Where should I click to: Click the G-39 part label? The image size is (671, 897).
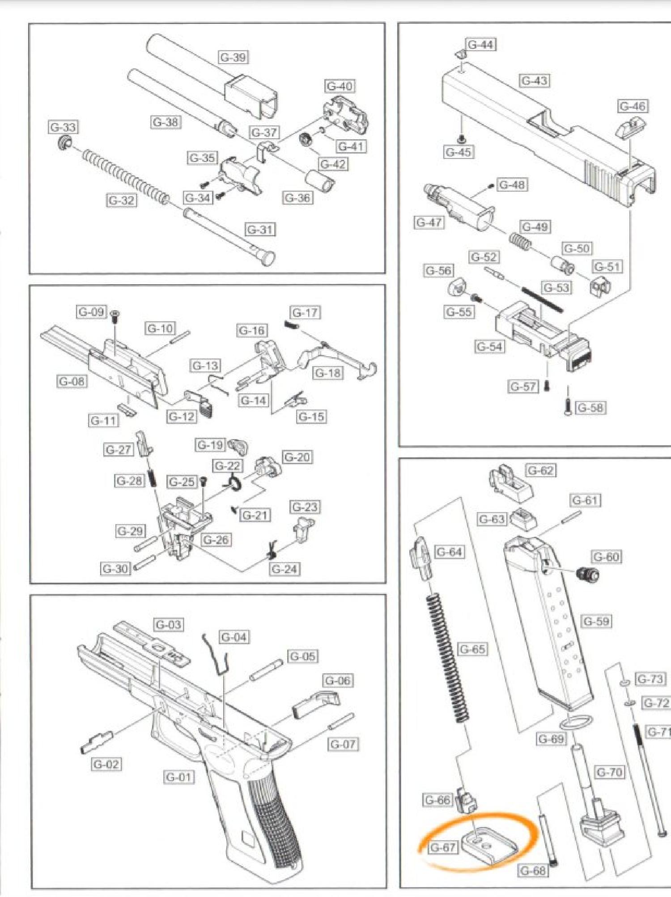tap(234, 57)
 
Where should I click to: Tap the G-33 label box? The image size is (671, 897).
tap(63, 127)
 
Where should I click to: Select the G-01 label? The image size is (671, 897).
tap(179, 777)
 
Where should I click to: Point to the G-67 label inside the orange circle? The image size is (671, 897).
tap(442, 847)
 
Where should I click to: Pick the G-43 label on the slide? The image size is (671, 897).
tap(535, 81)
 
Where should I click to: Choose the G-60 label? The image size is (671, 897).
tap(607, 557)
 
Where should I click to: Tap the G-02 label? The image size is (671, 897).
tap(106, 764)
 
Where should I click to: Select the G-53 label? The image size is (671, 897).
tap(556, 288)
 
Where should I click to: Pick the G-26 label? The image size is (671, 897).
tap(216, 540)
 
